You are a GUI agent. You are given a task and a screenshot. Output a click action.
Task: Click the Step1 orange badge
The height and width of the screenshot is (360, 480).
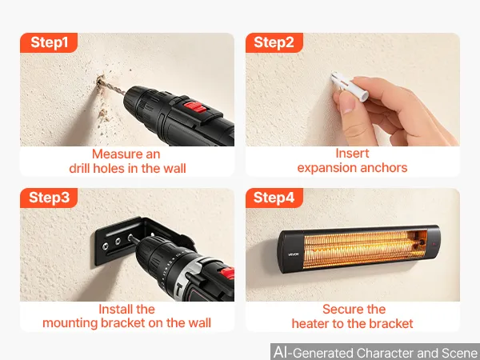(x=49, y=42)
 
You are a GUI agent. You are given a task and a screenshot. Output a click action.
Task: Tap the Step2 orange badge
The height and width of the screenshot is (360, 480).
(x=274, y=42)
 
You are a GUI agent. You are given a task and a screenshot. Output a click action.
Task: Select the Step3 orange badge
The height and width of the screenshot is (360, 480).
(x=49, y=198)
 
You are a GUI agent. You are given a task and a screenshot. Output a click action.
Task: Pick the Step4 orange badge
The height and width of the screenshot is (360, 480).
(x=274, y=198)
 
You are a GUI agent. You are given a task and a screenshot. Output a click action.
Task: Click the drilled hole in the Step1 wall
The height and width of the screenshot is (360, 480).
(x=100, y=82)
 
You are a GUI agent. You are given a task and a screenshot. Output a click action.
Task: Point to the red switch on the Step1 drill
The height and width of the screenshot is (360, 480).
(x=194, y=107)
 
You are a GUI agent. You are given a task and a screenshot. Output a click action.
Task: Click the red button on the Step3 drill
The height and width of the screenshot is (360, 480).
(x=227, y=273)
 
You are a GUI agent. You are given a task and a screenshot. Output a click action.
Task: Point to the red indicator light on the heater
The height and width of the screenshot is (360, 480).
(x=434, y=244)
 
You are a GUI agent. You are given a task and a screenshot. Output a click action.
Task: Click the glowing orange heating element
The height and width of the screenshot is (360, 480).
(x=365, y=249)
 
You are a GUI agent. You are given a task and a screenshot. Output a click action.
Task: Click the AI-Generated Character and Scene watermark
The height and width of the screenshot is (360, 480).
(x=375, y=352)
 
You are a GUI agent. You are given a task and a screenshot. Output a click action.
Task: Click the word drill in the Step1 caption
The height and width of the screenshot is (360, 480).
(x=79, y=168)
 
